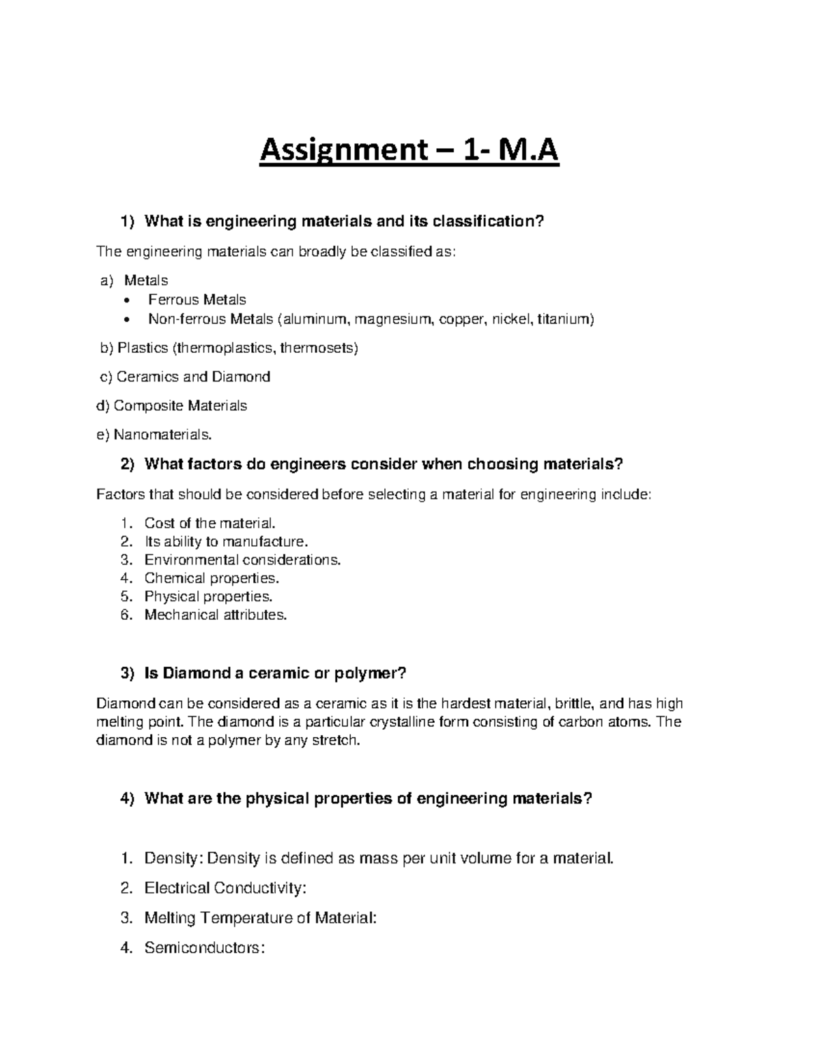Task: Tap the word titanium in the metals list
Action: [565, 319]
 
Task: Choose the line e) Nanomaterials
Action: [154, 435]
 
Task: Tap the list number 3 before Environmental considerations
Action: [124, 560]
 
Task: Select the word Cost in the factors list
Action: [158, 524]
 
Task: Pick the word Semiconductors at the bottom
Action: [203, 948]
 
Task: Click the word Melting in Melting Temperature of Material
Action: [170, 918]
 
